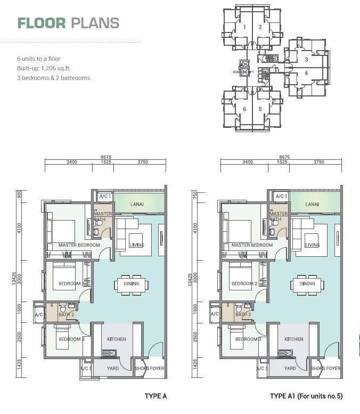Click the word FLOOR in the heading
click(x=41, y=23)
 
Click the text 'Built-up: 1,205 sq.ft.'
click(x=46, y=68)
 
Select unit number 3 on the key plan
click(x=306, y=60)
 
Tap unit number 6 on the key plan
click(x=244, y=109)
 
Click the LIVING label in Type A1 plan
click(x=313, y=245)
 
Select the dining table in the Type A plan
click(x=131, y=284)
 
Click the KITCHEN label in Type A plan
click(x=116, y=339)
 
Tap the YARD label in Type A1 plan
click(x=290, y=368)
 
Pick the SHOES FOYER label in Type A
click(x=149, y=368)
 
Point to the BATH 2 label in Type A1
click(x=243, y=315)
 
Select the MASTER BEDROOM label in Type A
click(x=79, y=245)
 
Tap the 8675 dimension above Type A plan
click(x=105, y=157)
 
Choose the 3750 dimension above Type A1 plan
click(x=318, y=162)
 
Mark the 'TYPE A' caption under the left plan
click(x=156, y=396)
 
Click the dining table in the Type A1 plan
click(x=307, y=284)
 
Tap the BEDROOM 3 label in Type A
click(x=71, y=339)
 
